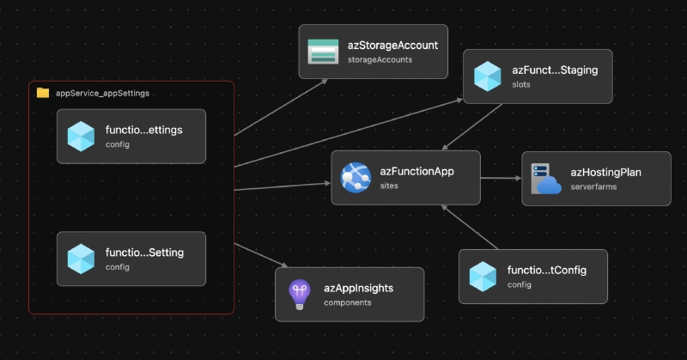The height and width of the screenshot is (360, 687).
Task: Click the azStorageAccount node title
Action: (393, 46)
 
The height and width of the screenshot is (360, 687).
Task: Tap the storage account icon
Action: (325, 52)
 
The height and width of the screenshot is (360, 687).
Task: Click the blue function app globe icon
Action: (355, 178)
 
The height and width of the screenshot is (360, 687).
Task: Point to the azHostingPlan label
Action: (606, 172)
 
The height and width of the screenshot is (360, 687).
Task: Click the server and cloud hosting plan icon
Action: (545, 179)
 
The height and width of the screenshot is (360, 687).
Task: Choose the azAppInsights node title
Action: (358, 288)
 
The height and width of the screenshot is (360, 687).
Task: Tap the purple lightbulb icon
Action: (299, 295)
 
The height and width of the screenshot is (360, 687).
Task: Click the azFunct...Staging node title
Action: (555, 70)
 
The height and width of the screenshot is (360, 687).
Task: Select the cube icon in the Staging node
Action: (488, 76)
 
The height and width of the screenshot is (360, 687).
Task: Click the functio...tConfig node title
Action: (546, 270)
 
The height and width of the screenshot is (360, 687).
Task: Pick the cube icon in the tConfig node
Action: (483, 277)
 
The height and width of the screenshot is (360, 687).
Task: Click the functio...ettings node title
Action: (144, 130)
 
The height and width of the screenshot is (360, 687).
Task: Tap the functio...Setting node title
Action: (144, 253)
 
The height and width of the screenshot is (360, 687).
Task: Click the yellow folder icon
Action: (43, 93)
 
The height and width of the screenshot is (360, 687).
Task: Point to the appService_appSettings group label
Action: (103, 93)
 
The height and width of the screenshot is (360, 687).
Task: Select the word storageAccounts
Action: (380, 60)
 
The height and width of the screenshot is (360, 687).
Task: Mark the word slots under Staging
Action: (521, 84)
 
